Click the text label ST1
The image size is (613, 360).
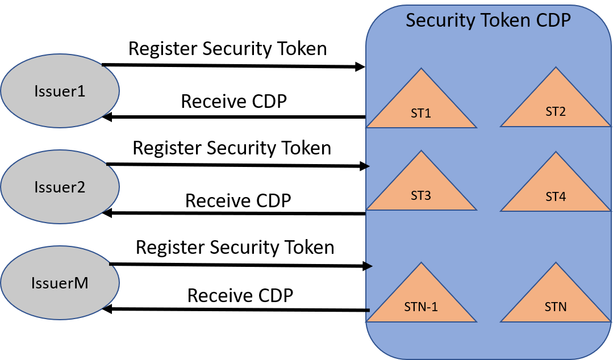(x=421, y=113)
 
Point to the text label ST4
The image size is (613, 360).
(x=556, y=197)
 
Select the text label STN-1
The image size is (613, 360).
(x=421, y=307)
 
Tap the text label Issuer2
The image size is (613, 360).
(x=60, y=187)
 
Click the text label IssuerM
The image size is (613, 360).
(x=60, y=282)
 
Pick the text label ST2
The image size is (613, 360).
(x=556, y=111)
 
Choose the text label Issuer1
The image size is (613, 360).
(x=60, y=91)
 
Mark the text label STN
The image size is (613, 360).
(x=556, y=307)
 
